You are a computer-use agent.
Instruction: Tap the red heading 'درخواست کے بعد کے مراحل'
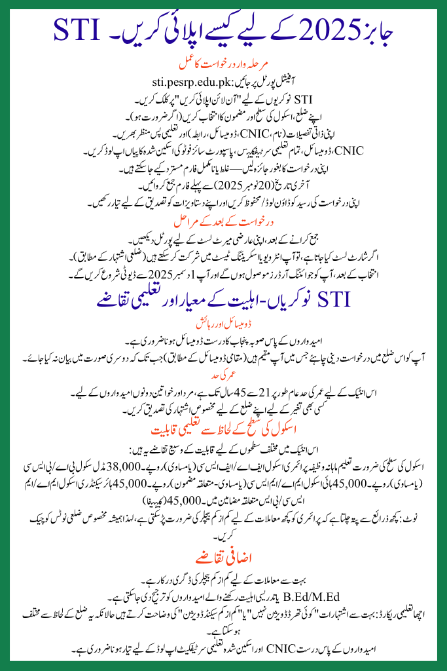[x=223, y=220]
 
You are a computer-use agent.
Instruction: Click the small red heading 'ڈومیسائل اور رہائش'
[x=224, y=323]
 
